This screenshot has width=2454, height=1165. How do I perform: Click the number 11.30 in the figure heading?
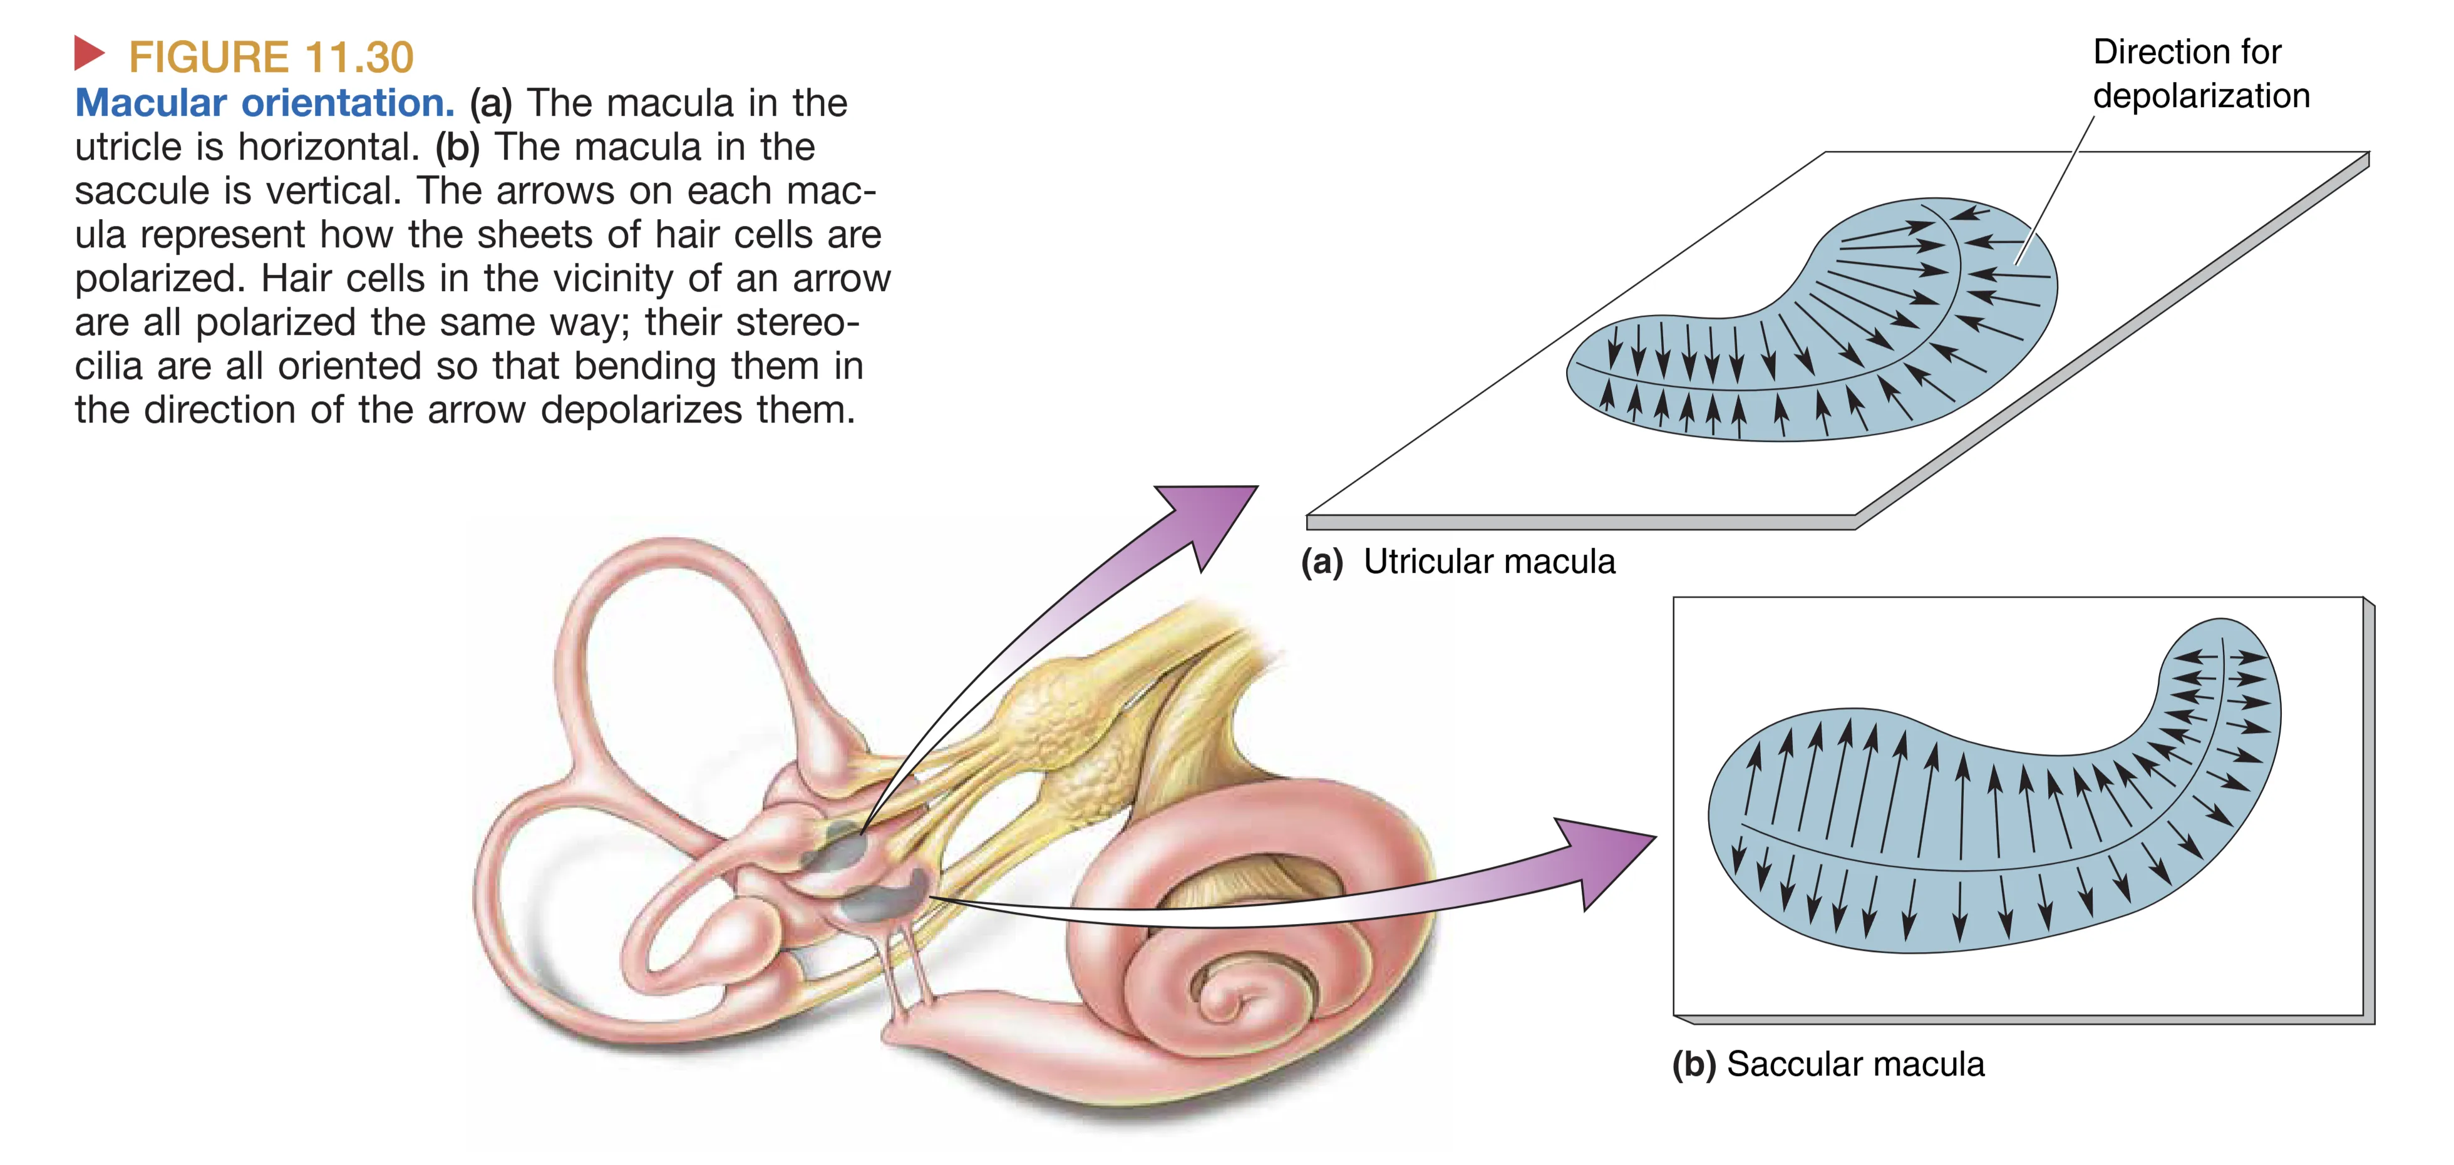(358, 57)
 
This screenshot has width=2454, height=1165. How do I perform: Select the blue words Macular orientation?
(265, 103)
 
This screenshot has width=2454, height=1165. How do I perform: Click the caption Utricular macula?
(1489, 562)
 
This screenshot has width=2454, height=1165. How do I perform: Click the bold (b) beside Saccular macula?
(1694, 1064)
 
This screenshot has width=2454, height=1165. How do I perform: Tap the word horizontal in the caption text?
(329, 146)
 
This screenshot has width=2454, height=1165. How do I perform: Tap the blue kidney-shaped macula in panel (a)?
(1810, 324)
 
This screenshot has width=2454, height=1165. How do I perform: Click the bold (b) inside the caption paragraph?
(457, 146)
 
